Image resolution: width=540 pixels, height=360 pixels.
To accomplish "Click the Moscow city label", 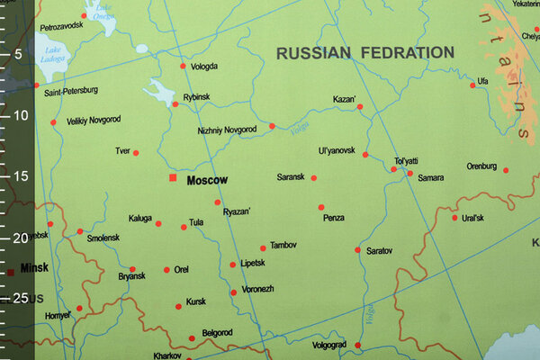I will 207,180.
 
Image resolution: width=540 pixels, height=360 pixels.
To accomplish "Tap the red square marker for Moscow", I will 173,178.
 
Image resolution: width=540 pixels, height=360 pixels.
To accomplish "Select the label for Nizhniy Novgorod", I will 227,130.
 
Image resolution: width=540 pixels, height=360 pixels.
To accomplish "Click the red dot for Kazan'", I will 360,107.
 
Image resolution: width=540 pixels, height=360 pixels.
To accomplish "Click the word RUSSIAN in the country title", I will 312,53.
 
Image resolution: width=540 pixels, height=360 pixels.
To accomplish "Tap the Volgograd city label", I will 328,345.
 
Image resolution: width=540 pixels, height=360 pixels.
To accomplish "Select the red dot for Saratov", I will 357,250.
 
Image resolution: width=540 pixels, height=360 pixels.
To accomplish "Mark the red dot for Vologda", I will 183,66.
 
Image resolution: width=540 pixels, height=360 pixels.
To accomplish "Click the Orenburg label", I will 481,166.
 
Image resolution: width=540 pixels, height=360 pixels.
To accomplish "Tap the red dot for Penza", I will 320,207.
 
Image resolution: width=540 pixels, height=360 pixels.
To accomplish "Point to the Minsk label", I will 33,268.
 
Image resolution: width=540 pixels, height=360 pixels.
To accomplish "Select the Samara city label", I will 430,178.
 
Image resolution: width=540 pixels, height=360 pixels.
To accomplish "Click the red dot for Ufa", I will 472,85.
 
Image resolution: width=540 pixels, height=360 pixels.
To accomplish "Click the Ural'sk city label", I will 472,218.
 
